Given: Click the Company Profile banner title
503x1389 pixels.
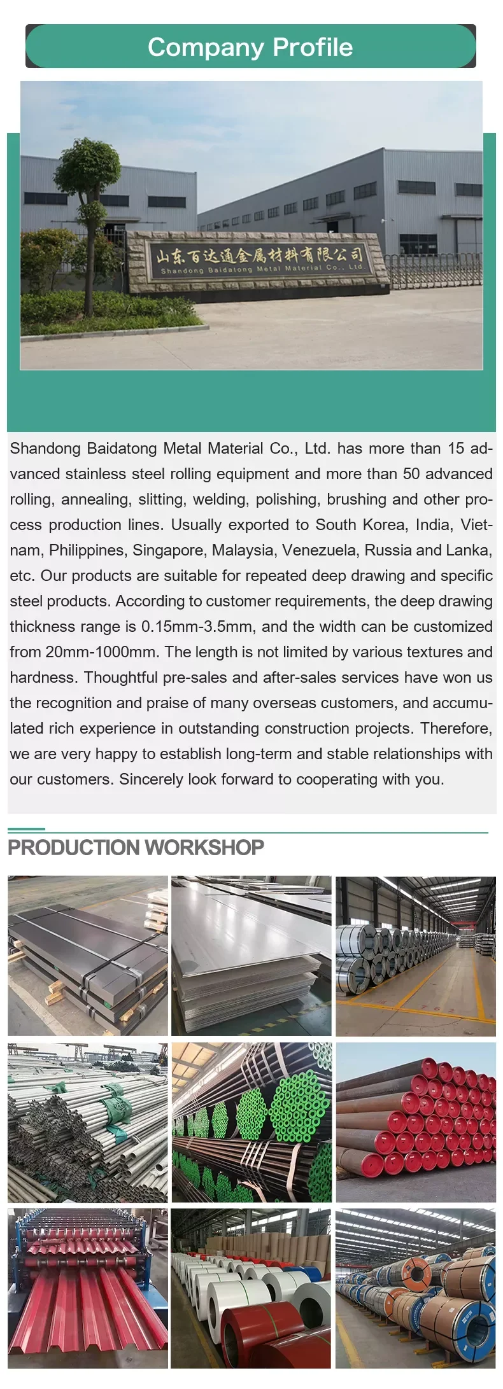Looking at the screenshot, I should [250, 47].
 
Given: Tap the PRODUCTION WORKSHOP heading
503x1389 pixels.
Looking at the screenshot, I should [136, 848].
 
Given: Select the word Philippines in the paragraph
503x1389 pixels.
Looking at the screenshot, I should [87, 550].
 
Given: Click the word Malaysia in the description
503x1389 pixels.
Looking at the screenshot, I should [244, 550].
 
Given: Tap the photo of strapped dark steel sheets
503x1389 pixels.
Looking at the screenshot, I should [88, 956].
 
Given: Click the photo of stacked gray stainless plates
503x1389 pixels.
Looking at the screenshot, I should [251, 956].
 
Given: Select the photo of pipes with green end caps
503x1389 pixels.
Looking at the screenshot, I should [251, 1122].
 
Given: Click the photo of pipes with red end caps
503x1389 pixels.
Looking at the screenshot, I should [416, 1122].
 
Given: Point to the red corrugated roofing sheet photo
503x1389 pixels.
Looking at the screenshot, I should [88, 1288].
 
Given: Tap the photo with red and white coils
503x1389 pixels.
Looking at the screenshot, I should [251, 1288].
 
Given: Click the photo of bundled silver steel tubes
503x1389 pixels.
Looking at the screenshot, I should [88, 1122].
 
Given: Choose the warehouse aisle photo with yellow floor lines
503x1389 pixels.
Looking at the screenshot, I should [416, 956].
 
